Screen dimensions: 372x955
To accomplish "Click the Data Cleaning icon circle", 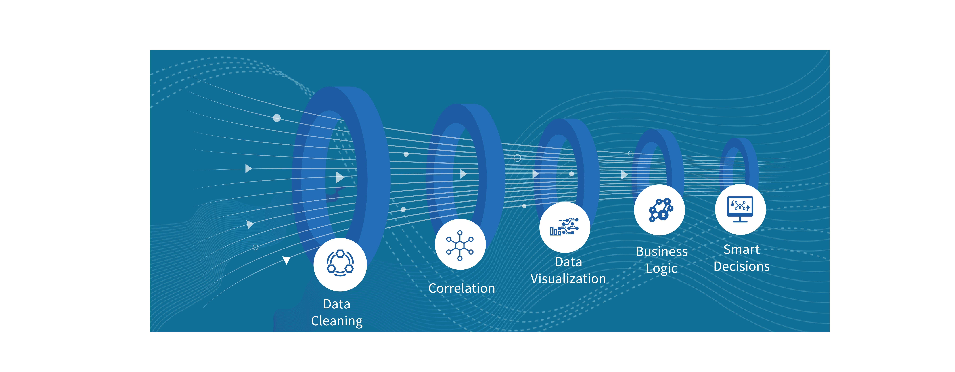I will point(340,264).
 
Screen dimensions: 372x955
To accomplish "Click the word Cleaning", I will point(337,321).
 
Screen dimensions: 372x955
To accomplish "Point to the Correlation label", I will point(462,288).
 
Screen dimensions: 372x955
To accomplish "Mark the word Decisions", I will point(741,266).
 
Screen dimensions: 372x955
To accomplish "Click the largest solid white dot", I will point(277,118).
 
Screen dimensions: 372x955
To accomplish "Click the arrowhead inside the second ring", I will point(463,174).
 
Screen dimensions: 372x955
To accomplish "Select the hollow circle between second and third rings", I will point(517,158).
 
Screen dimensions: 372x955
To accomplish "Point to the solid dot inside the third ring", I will point(571,174).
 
